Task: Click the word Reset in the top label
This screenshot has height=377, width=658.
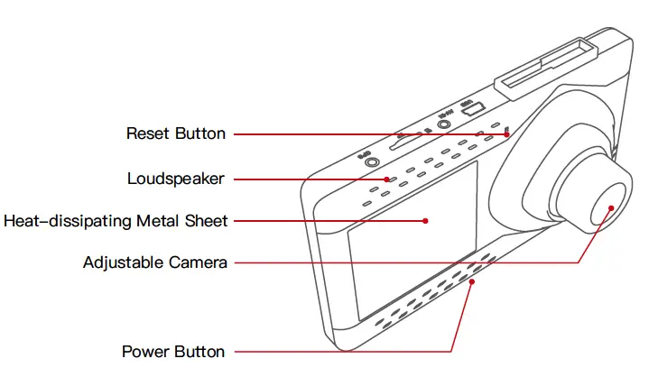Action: click(x=147, y=133)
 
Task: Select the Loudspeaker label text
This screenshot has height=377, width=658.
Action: click(x=175, y=179)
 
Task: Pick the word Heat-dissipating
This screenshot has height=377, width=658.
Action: click(x=61, y=220)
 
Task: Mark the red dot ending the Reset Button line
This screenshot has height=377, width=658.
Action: click(x=507, y=134)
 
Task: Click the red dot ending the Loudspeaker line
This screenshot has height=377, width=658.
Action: click(x=385, y=179)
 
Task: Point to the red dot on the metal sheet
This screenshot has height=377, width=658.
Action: click(x=424, y=220)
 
